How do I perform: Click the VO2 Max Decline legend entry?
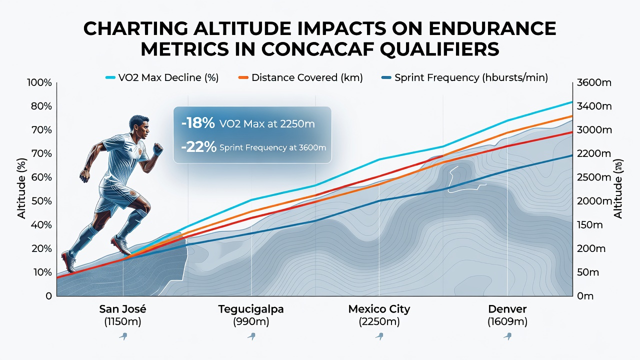(162, 77)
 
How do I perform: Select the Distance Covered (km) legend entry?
(300, 77)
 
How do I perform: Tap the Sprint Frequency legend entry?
(465, 77)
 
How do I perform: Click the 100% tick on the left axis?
(39, 83)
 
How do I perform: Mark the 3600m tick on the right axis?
(594, 83)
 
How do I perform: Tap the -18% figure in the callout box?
(198, 123)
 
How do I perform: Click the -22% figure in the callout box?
(199, 147)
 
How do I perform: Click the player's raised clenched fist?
(157, 149)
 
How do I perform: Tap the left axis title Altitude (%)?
(21, 188)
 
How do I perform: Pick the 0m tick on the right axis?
(585, 296)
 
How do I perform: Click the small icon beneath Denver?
(507, 336)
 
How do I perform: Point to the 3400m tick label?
(594, 106)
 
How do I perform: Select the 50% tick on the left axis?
(41, 201)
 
